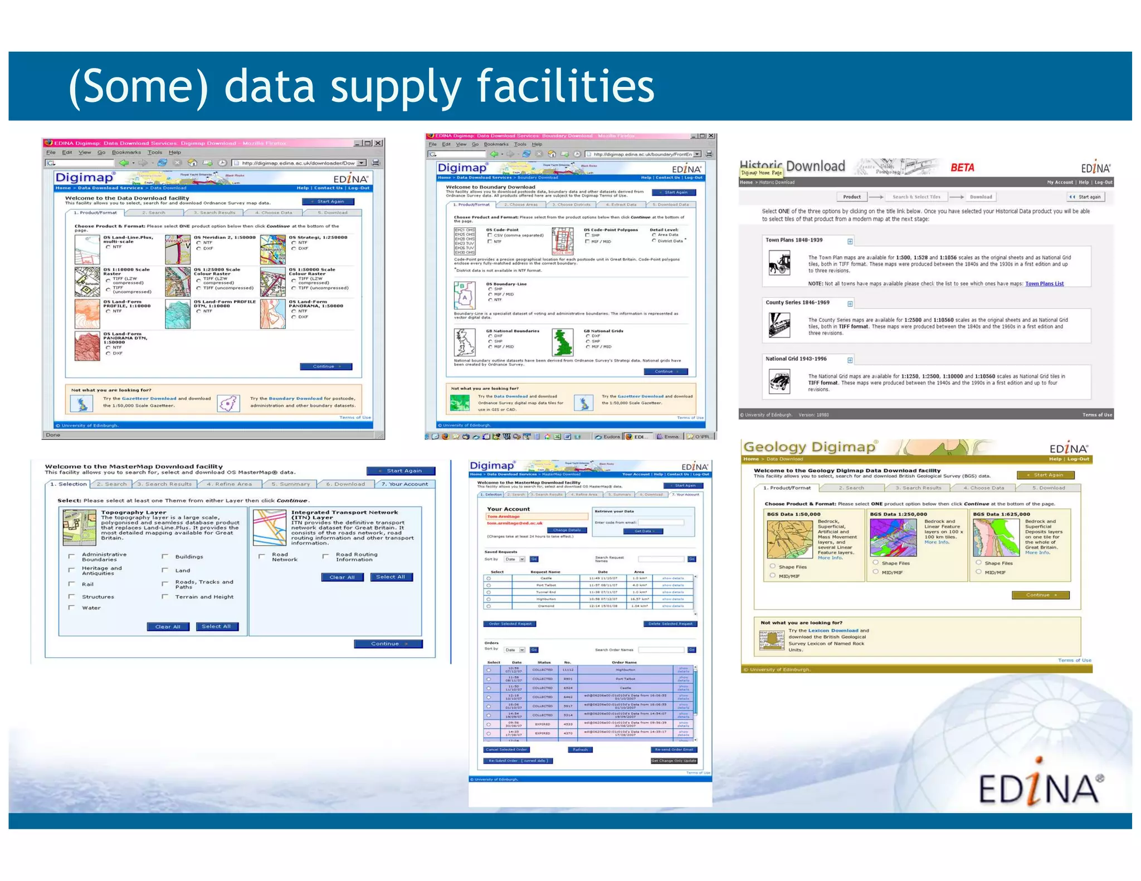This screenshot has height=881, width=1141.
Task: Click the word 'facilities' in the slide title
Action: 565,86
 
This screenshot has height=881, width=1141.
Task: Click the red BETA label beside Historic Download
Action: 962,168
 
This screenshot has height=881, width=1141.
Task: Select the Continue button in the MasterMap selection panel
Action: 388,644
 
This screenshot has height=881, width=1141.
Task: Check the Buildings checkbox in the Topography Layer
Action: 165,556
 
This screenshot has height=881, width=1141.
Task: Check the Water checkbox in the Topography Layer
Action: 71,608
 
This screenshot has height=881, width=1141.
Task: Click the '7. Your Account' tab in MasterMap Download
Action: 404,484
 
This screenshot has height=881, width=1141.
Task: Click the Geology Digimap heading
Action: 810,447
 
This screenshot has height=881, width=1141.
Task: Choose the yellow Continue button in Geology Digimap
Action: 1040,595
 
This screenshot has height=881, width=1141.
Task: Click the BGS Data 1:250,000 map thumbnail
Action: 893,537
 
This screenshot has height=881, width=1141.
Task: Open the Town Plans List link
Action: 1044,283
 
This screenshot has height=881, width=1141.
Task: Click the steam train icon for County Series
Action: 779,325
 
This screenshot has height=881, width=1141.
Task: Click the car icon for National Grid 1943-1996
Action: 779,382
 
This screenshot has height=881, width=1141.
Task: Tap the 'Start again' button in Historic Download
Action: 1086,197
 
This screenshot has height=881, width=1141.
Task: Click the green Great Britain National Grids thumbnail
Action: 563,342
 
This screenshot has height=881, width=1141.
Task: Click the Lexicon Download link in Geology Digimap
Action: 833,630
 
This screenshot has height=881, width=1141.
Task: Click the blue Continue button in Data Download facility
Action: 326,366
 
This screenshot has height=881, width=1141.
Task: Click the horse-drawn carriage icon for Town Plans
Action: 779,263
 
